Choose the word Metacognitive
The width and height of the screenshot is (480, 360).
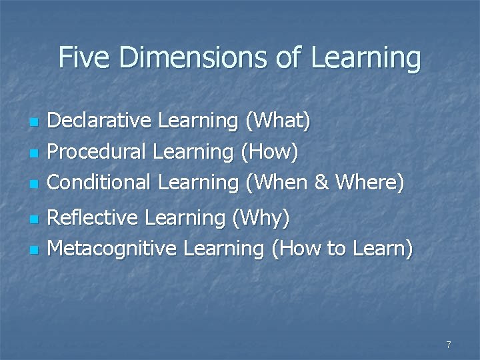coord(113,249)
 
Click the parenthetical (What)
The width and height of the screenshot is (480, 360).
coord(278,122)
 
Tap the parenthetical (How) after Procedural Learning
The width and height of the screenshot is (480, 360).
coord(269,152)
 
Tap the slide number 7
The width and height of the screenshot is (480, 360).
coord(449,345)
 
